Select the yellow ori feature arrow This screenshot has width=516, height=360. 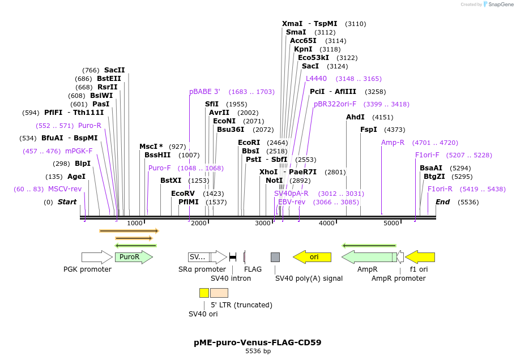312,257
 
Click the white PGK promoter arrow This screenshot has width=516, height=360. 97,257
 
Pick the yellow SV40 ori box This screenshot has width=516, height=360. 204,293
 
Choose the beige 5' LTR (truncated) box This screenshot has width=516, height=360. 219,293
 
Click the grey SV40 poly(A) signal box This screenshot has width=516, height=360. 275,257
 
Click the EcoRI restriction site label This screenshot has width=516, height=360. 249,143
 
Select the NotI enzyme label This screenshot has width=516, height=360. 274,181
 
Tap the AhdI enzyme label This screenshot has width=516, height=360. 355,117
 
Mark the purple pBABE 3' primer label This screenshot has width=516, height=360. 204,92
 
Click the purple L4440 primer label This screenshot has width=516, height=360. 316,79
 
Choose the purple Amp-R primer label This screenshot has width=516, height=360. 393,143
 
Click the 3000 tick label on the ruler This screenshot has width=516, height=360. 263,224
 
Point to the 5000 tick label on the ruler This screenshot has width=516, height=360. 391,224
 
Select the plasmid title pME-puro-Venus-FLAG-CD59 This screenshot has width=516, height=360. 258,342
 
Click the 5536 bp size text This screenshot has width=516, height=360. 258,352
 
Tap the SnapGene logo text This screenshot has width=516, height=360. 501,5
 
